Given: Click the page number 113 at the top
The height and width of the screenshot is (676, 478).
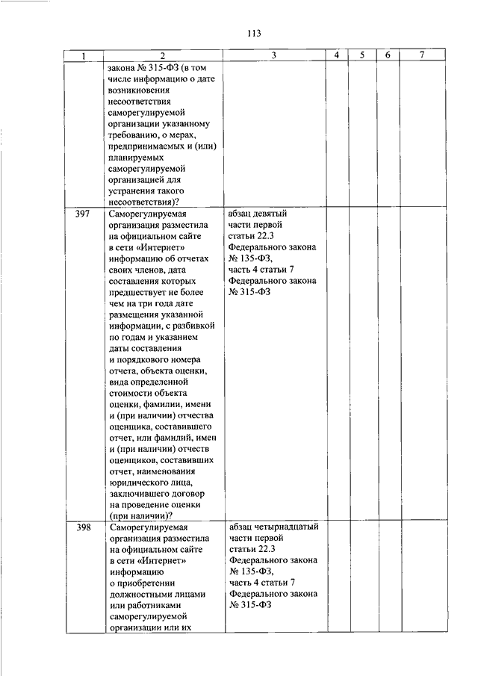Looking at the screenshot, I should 252,33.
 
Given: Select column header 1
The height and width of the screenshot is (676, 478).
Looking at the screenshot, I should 83,56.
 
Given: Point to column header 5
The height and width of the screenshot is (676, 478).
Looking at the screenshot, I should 361,56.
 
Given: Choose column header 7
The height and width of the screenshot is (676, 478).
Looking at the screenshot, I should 422,56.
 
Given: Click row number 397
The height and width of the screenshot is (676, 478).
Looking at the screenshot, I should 83,214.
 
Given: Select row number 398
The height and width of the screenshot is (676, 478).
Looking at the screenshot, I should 83,527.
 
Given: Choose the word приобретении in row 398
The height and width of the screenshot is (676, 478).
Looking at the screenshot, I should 146,583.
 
